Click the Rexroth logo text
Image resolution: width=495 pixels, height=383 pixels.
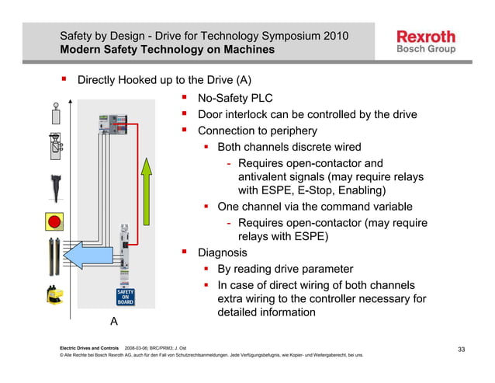click(426, 36)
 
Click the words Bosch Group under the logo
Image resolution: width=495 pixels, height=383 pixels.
click(426, 49)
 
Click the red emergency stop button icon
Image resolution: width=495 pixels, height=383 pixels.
click(55, 222)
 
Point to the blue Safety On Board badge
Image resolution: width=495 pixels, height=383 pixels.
click(126, 297)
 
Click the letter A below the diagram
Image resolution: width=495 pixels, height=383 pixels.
click(114, 320)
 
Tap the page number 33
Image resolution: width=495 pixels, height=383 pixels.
click(461, 349)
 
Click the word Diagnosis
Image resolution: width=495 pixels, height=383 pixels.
click(223, 252)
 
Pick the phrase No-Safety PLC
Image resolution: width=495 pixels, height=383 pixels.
click(235, 99)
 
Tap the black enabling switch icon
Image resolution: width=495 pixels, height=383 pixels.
click(55, 187)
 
